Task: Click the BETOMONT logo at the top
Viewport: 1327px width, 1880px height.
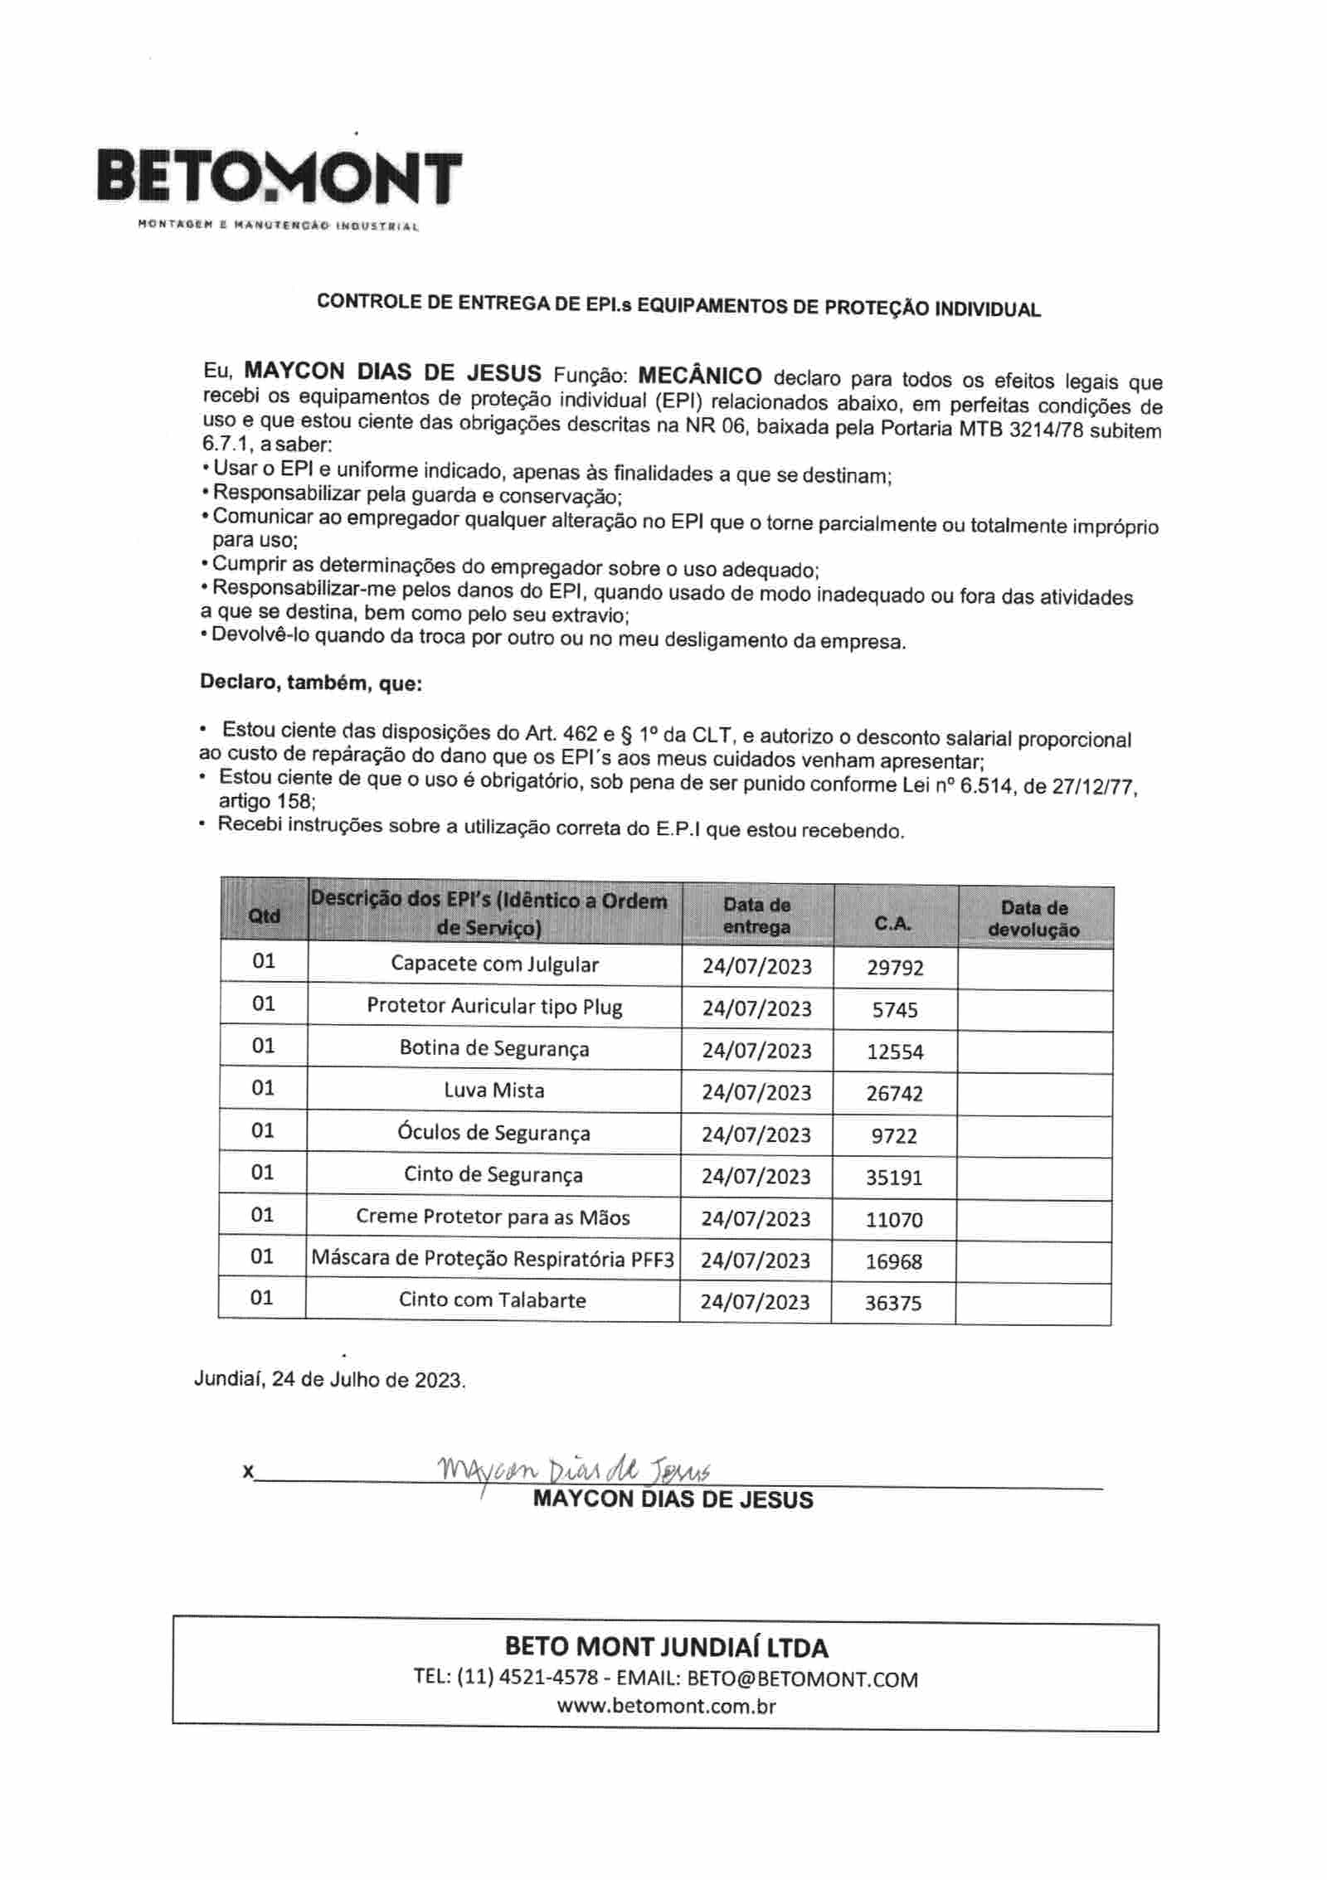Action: [279, 177]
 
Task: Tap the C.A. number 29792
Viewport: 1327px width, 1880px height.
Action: [895, 967]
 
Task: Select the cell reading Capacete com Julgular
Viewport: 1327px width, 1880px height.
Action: [494, 964]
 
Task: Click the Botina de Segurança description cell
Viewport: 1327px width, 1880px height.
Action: [494, 1048]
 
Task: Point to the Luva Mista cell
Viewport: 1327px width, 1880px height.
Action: [494, 1090]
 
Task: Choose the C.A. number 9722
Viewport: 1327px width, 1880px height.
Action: [894, 1135]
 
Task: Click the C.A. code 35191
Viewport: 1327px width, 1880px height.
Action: [894, 1178]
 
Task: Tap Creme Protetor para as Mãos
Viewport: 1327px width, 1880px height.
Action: [493, 1217]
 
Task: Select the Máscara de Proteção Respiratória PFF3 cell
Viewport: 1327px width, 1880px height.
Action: [493, 1259]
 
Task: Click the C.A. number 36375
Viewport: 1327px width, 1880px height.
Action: [892, 1303]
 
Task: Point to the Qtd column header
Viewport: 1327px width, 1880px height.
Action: [264, 916]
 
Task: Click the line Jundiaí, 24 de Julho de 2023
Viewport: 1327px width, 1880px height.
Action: [329, 1380]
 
